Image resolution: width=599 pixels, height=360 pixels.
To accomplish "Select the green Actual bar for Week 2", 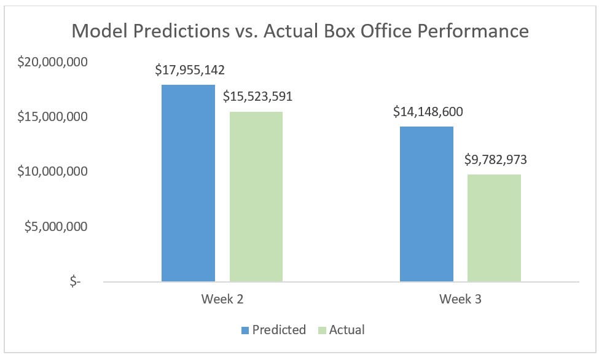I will pos(256,197).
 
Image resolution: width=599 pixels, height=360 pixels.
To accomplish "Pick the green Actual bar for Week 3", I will pos(494,228).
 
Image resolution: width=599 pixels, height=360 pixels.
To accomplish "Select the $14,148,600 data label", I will pos(428,112).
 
